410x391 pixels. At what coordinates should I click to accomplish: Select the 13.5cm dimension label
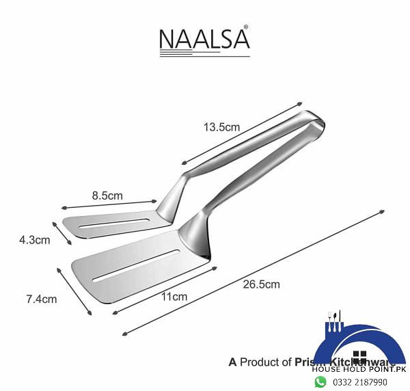click(221, 126)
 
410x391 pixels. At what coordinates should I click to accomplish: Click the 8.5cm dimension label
click(107, 195)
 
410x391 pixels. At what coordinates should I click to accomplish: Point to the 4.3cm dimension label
click(33, 240)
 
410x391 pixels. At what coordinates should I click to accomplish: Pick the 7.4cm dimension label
click(41, 299)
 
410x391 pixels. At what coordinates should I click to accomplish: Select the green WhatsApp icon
click(320, 381)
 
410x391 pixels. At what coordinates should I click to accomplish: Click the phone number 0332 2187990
click(360, 382)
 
